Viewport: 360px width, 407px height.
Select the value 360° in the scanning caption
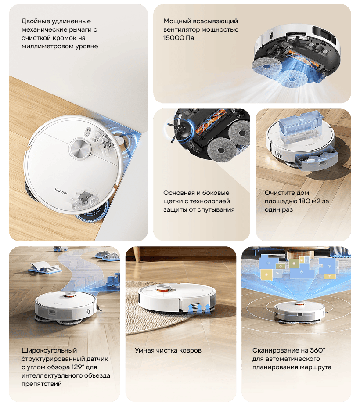(316, 350)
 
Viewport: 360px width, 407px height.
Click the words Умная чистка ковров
(168, 350)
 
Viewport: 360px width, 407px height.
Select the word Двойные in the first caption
(35, 21)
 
